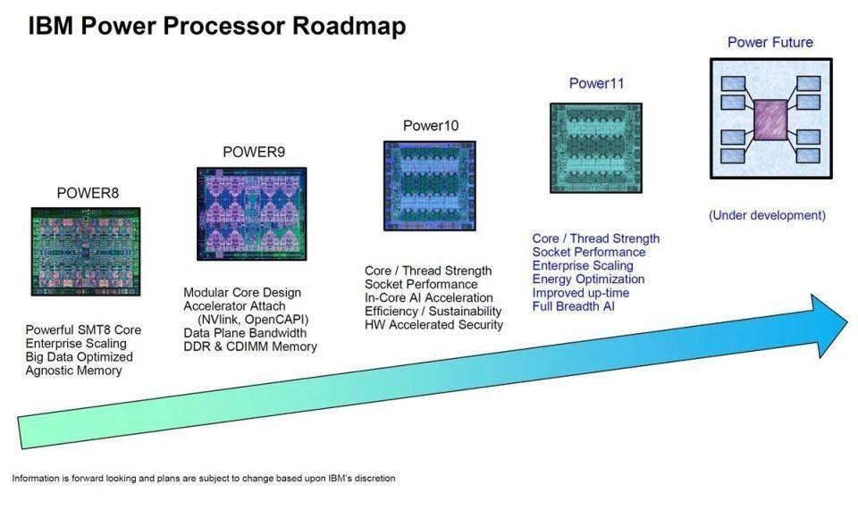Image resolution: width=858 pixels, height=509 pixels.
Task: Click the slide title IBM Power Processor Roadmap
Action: pos(216,26)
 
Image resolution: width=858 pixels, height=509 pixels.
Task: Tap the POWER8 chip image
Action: pos(88,252)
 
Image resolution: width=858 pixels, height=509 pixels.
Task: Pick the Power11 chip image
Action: pos(596,147)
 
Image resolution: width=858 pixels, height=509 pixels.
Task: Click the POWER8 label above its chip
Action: pos(88,193)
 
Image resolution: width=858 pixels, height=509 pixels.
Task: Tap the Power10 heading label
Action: pos(431,126)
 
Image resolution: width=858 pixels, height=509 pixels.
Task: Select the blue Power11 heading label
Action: pos(596,84)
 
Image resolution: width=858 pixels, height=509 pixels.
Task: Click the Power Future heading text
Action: pos(770,42)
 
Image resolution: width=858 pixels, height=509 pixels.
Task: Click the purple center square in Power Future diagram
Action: pos(770,119)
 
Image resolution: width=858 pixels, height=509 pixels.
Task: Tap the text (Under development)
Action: pos(767,215)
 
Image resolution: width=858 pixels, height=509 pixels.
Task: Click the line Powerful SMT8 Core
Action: pos(83,330)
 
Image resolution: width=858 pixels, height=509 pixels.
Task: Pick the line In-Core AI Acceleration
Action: pos(429,297)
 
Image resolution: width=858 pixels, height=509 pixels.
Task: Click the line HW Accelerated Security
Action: pos(434,324)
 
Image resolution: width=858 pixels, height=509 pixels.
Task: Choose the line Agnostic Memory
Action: pos(73,371)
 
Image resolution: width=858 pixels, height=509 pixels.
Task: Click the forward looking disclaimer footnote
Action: pos(204,479)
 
